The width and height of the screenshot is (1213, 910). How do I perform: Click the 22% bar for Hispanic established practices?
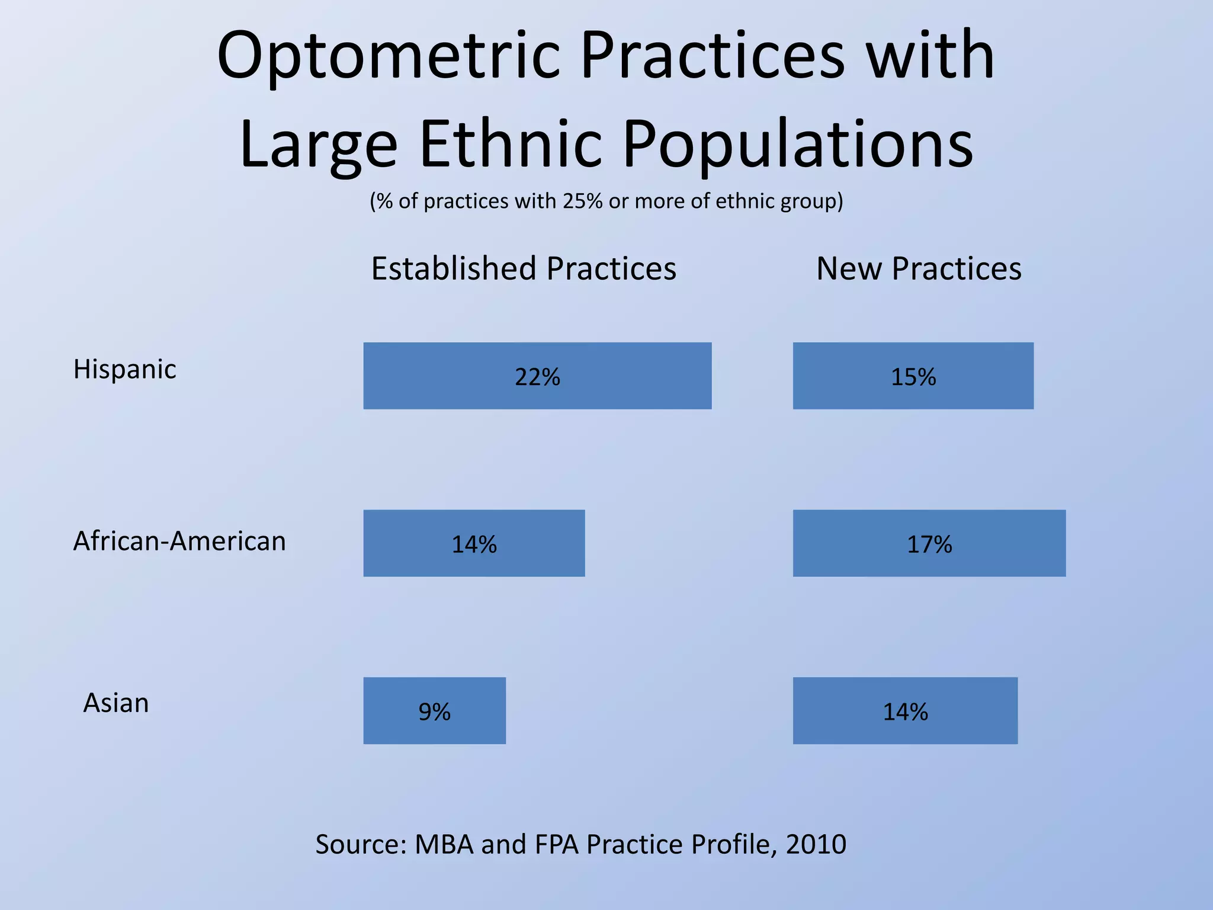(x=537, y=376)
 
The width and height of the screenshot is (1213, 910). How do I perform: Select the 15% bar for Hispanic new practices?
(x=913, y=376)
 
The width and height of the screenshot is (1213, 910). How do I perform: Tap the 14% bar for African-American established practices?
(x=474, y=543)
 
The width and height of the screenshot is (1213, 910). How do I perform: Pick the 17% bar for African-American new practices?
(x=929, y=543)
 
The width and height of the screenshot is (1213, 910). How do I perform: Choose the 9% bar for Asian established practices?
(x=434, y=710)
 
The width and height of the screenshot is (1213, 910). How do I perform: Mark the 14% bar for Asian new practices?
(x=905, y=710)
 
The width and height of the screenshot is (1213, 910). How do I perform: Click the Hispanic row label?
(x=124, y=370)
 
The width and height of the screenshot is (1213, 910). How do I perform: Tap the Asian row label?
(x=116, y=703)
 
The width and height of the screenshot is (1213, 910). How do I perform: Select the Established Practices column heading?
(x=524, y=268)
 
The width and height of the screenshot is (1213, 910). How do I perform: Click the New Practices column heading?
(x=919, y=268)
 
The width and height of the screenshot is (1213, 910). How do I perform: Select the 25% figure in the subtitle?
(x=583, y=201)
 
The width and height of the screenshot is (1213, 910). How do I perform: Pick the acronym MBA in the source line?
(x=444, y=844)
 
